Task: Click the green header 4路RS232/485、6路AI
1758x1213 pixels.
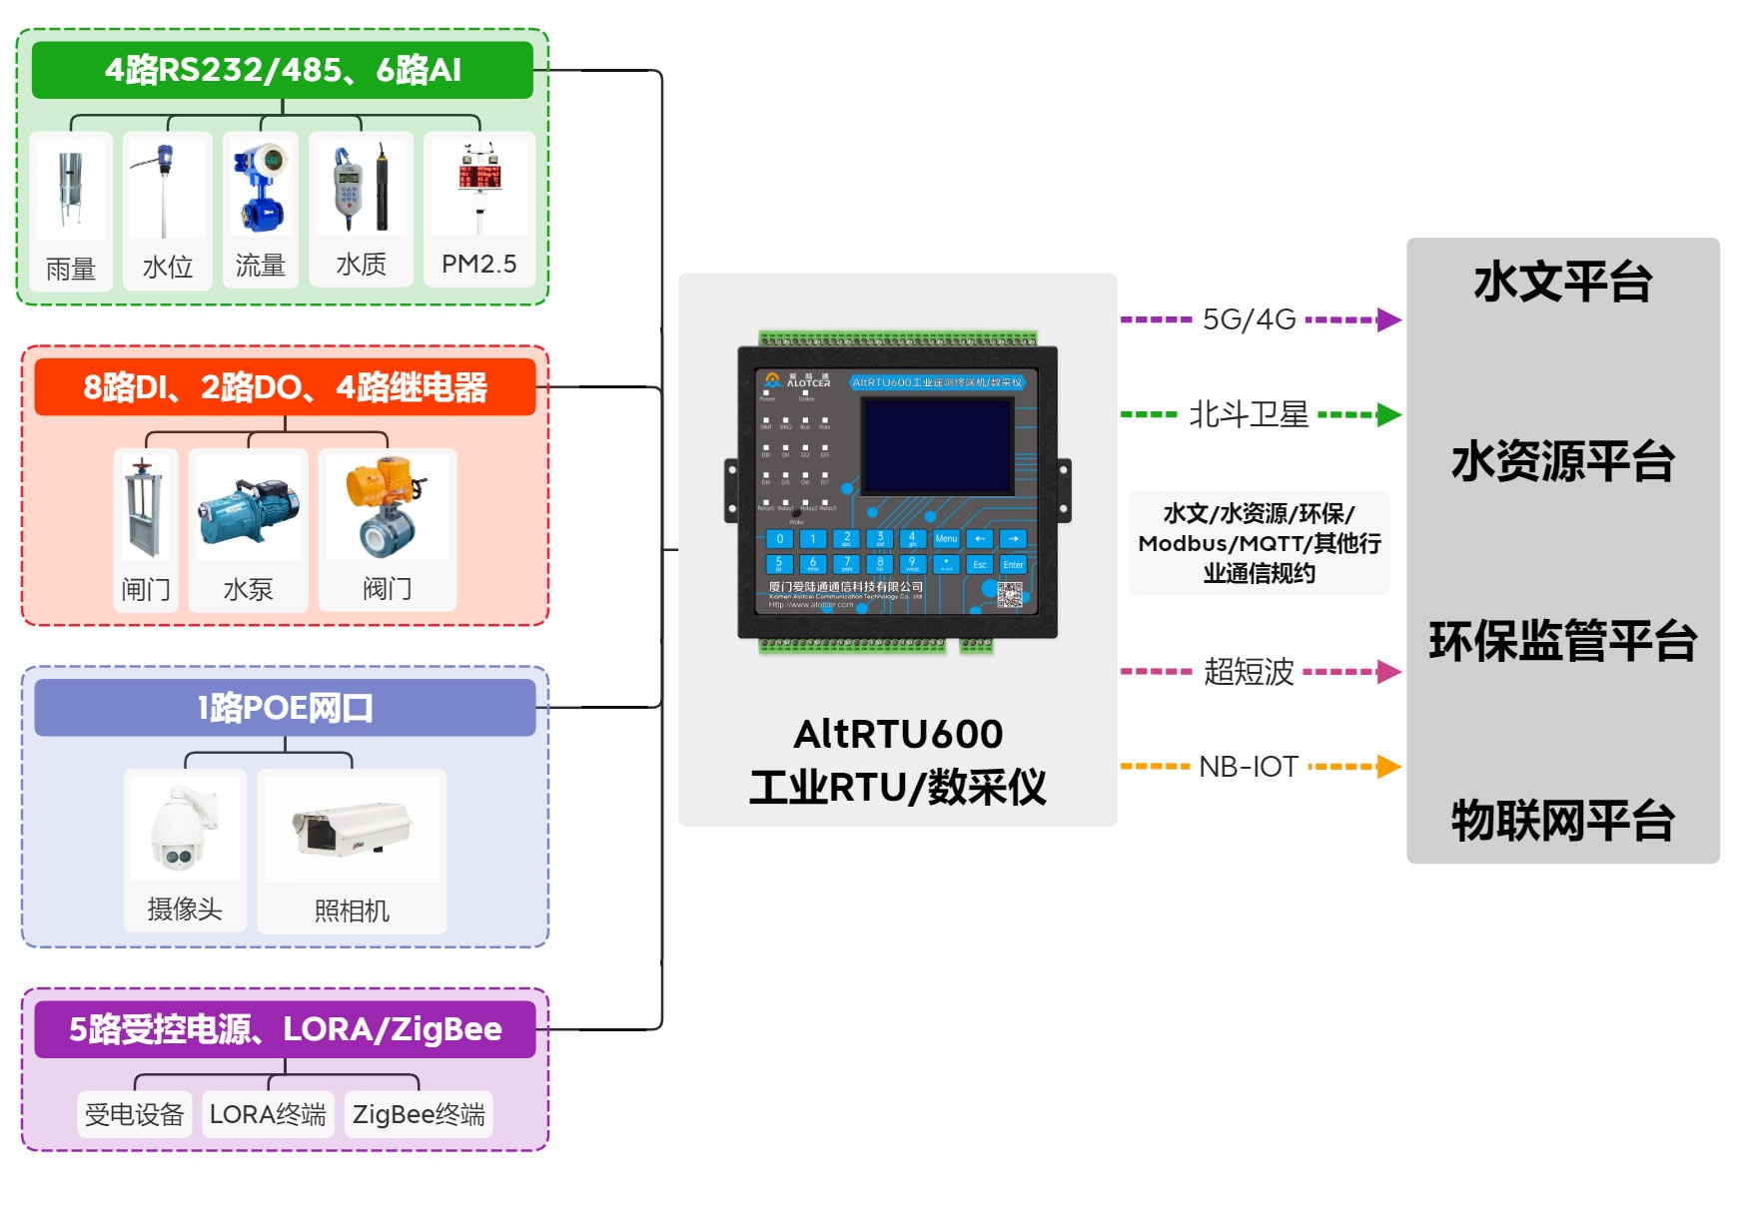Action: tap(283, 70)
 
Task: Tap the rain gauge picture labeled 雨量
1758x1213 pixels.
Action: tap(70, 190)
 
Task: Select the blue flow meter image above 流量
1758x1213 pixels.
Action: tap(260, 187)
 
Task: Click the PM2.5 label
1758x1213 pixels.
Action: tap(479, 265)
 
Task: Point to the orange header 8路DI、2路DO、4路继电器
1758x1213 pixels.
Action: tap(285, 387)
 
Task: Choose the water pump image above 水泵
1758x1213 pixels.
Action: tap(248, 510)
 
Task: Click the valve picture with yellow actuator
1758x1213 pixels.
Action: tap(386, 507)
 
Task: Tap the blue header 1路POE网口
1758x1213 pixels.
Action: tap(285, 708)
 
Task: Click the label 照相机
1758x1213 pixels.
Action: tap(352, 910)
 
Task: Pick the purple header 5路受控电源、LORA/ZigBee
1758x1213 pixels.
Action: tap(285, 1029)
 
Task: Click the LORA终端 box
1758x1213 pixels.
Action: tap(268, 1114)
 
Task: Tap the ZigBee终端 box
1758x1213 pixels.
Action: tap(419, 1114)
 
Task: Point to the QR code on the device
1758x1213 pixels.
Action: tap(1010, 595)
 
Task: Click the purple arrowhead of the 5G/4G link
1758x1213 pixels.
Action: tap(1389, 320)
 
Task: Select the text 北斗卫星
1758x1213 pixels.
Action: tap(1249, 414)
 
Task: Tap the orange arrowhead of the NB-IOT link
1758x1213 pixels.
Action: tap(1389, 767)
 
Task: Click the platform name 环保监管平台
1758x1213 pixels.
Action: tap(1563, 641)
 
